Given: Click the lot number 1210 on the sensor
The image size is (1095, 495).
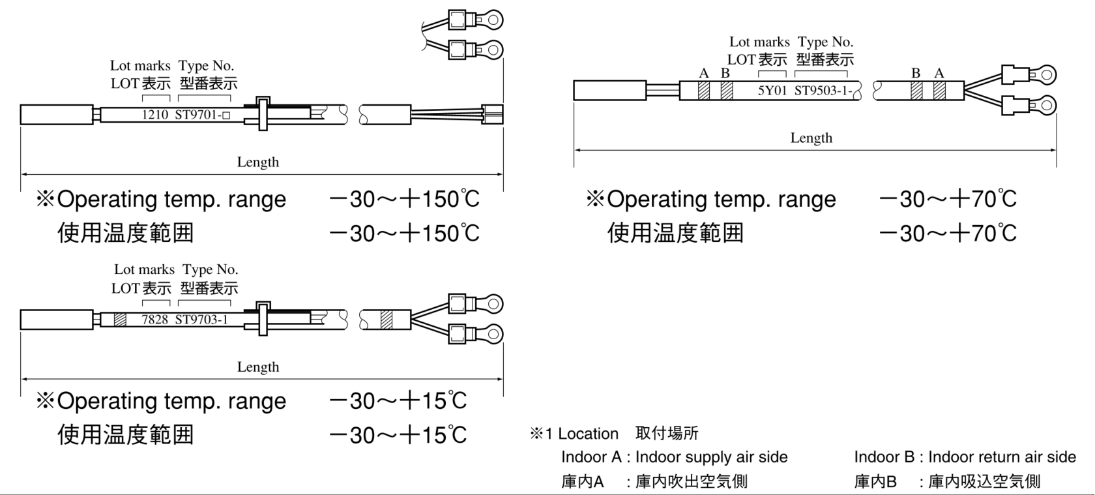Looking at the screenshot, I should point(155,115).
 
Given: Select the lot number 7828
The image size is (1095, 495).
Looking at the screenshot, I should point(155,320).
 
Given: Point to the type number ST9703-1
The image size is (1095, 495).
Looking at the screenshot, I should point(201,320).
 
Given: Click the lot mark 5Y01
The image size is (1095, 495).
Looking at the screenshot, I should point(772,91).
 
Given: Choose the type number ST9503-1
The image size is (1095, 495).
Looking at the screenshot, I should point(823,91).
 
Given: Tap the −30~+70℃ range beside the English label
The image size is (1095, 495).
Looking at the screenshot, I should point(948,199).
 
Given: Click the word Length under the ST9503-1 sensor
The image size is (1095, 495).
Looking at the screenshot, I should point(811,138).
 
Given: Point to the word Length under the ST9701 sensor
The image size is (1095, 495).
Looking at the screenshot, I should point(257,162).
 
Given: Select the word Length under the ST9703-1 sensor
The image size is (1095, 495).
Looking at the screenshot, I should point(257,367).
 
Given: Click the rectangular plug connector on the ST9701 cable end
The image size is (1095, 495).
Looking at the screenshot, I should point(491,114).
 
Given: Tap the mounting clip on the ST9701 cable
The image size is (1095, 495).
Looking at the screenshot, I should point(263,113).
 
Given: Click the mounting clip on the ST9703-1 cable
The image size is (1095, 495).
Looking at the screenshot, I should point(263,318).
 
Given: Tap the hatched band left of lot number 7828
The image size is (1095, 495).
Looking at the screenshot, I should point(120,320).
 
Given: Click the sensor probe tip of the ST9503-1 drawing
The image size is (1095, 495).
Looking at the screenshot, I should point(609,91).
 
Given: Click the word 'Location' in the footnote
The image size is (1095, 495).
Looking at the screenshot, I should point(588,434).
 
